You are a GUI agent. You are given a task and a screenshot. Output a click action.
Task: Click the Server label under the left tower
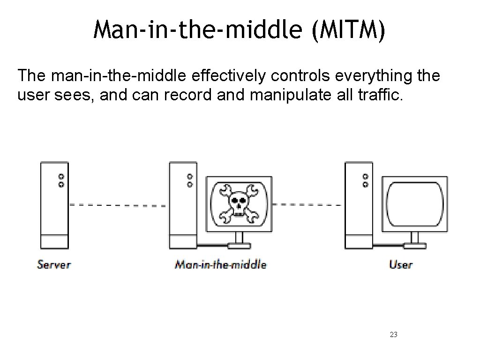53,264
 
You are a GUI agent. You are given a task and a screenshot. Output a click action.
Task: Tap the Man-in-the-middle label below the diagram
220,264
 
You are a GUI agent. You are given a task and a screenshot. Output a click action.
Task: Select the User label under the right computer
401,264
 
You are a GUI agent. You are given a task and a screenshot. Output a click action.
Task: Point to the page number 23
394,335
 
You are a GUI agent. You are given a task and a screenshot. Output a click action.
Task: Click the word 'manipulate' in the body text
292,96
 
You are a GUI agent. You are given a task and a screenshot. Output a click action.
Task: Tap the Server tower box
54,205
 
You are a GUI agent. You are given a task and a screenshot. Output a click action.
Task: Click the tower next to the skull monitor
183,205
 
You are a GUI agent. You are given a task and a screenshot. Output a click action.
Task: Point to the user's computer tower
359,205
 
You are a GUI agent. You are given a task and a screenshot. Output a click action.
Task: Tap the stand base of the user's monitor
415,245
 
